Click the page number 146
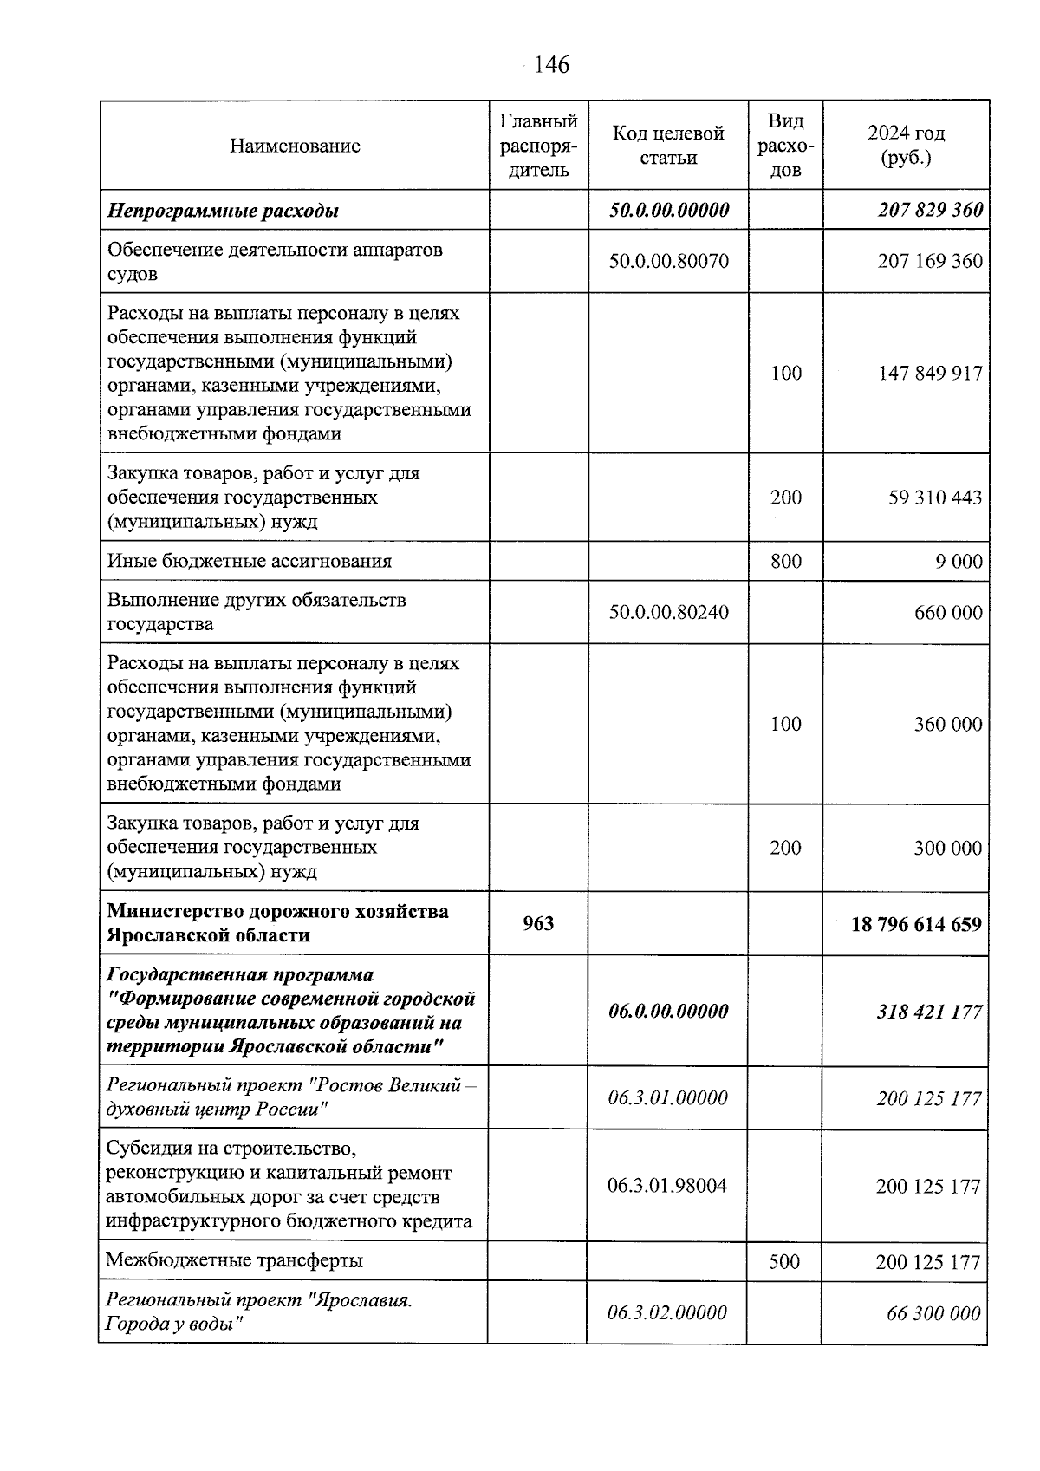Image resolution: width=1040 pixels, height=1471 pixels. [551, 65]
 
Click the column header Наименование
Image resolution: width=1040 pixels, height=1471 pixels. [295, 146]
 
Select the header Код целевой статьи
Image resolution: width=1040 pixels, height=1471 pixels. [668, 146]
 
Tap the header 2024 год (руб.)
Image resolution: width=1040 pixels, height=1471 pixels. [906, 146]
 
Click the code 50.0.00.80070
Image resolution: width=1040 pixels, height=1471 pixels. [668, 261]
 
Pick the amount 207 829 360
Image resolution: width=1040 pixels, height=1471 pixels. [930, 210]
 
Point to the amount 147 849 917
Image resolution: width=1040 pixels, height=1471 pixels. [930, 374]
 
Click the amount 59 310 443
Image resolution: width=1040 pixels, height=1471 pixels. [935, 498]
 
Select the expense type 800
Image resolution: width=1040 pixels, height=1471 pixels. [785, 561]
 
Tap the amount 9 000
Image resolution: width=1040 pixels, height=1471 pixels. [959, 561]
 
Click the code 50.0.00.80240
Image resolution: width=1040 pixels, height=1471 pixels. [668, 612]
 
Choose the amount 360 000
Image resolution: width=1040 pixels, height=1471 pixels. [948, 724]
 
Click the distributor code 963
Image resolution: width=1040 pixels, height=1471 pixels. [538, 923]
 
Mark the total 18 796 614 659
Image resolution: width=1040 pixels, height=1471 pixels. [916, 924]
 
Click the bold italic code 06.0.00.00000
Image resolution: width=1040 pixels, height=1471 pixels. [668, 1011]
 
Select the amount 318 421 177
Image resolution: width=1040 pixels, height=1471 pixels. [928, 1012]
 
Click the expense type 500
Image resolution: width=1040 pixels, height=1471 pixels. [783, 1261]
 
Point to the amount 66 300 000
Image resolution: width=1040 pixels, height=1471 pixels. [933, 1313]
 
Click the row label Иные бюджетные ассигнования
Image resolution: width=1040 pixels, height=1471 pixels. [250, 561]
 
